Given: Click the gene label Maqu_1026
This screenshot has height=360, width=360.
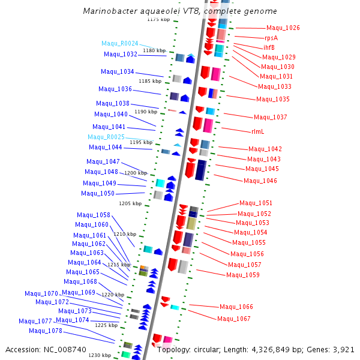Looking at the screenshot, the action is (x=283, y=28).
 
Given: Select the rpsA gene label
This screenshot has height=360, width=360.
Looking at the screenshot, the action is (x=271, y=38).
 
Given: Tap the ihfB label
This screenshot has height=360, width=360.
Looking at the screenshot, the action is (x=269, y=47).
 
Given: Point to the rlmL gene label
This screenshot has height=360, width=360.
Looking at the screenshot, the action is (x=257, y=131).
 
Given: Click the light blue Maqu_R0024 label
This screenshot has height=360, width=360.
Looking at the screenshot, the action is (x=119, y=43).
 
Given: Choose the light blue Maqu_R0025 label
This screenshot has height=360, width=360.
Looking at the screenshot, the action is (x=106, y=137).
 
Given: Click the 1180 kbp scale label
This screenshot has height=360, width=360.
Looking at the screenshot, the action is (x=154, y=50).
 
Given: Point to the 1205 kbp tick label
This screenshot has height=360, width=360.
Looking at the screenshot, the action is (x=130, y=203).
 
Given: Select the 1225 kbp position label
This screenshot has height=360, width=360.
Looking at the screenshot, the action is (x=106, y=325).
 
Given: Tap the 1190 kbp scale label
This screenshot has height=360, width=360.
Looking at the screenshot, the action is (x=146, y=112).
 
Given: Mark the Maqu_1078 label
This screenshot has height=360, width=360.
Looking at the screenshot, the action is (x=46, y=331).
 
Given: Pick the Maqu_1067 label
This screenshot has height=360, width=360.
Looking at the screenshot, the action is (x=234, y=319).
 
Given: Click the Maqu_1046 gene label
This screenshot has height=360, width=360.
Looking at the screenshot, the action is (x=260, y=181).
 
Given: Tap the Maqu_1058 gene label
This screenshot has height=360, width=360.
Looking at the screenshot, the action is (x=94, y=215).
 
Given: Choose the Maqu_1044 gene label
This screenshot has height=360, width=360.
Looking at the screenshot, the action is (x=106, y=147).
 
